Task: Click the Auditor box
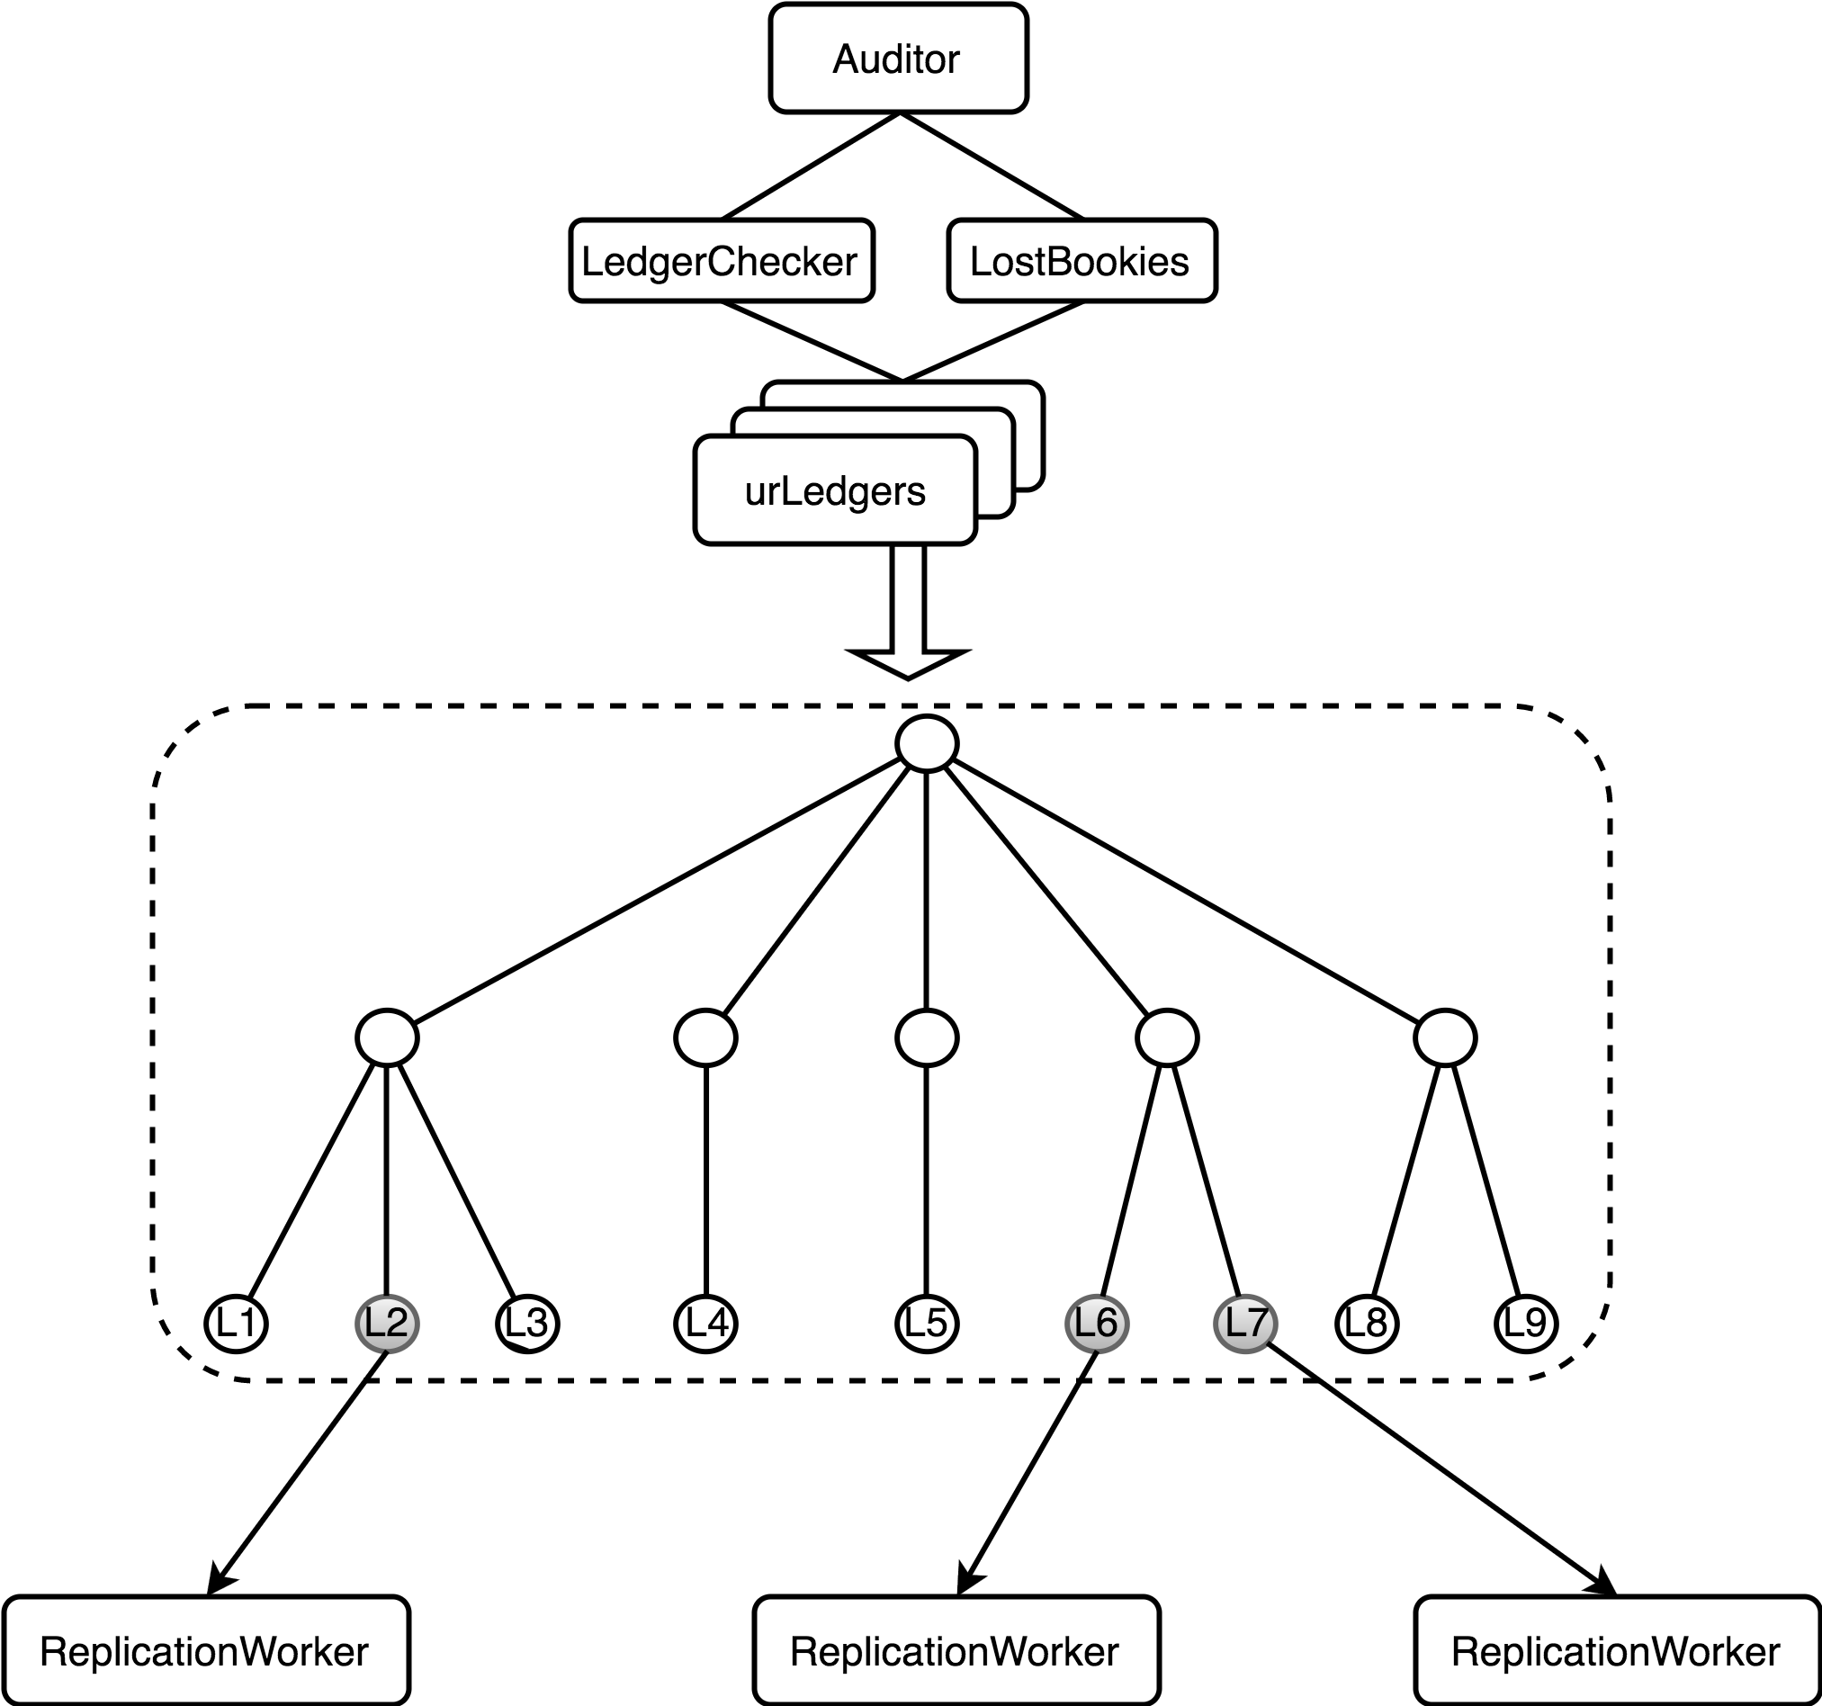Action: (x=898, y=58)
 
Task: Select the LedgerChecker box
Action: (x=722, y=260)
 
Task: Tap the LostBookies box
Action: (x=1082, y=260)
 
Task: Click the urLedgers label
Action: (x=835, y=491)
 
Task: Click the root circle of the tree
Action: (x=927, y=743)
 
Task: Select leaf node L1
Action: (x=236, y=1324)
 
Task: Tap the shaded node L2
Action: (x=386, y=1324)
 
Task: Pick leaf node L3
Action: (x=527, y=1324)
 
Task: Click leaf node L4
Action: (x=705, y=1324)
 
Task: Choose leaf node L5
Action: (x=926, y=1324)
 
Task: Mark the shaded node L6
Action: (x=1096, y=1324)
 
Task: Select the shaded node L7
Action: (x=1244, y=1324)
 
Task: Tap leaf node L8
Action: (x=1366, y=1324)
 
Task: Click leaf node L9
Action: (x=1525, y=1324)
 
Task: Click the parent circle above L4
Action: (x=705, y=1037)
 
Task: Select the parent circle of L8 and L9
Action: (x=1444, y=1037)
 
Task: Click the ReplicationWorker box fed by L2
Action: (x=205, y=1651)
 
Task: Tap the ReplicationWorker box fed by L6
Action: (x=956, y=1651)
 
